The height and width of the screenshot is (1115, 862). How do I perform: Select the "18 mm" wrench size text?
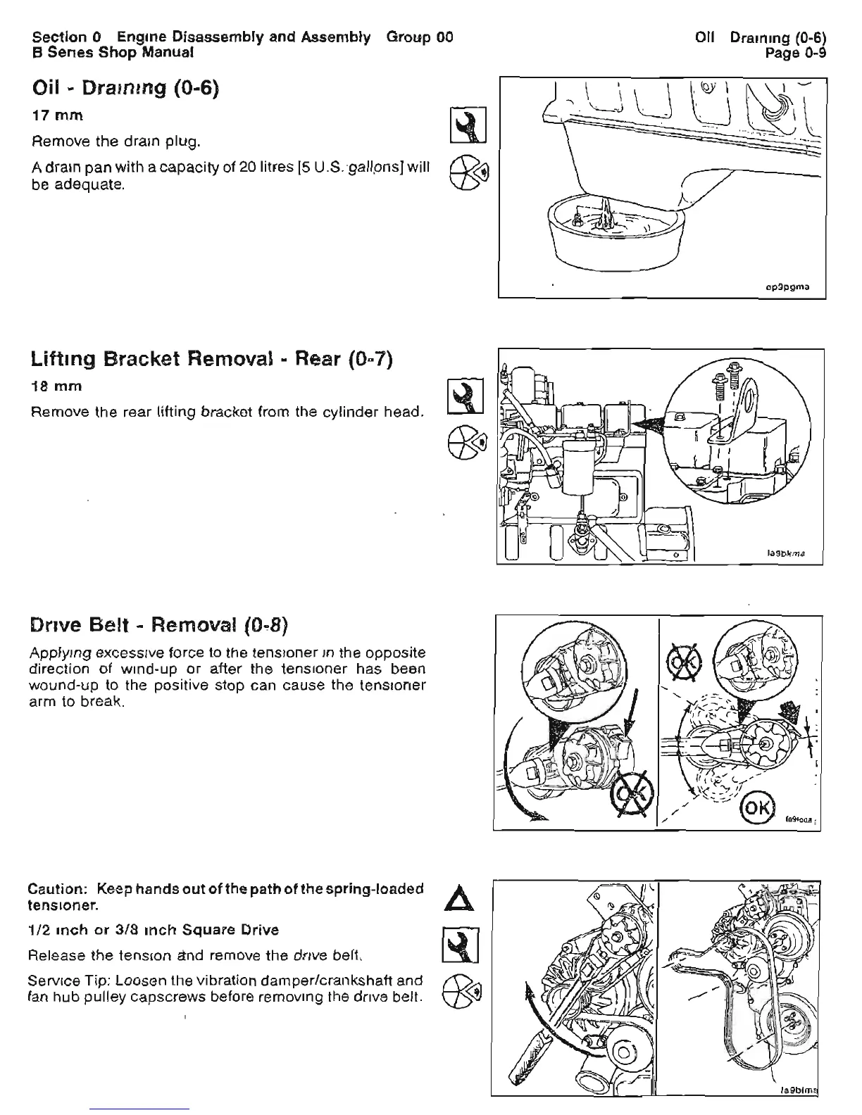pyautogui.click(x=57, y=386)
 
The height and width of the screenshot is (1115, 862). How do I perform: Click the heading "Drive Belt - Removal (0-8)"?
pyautogui.click(x=161, y=625)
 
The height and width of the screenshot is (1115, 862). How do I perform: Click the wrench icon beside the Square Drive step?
pyautogui.click(x=461, y=945)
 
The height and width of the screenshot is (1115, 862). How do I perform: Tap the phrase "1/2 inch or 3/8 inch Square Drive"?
pyautogui.click(x=155, y=930)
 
